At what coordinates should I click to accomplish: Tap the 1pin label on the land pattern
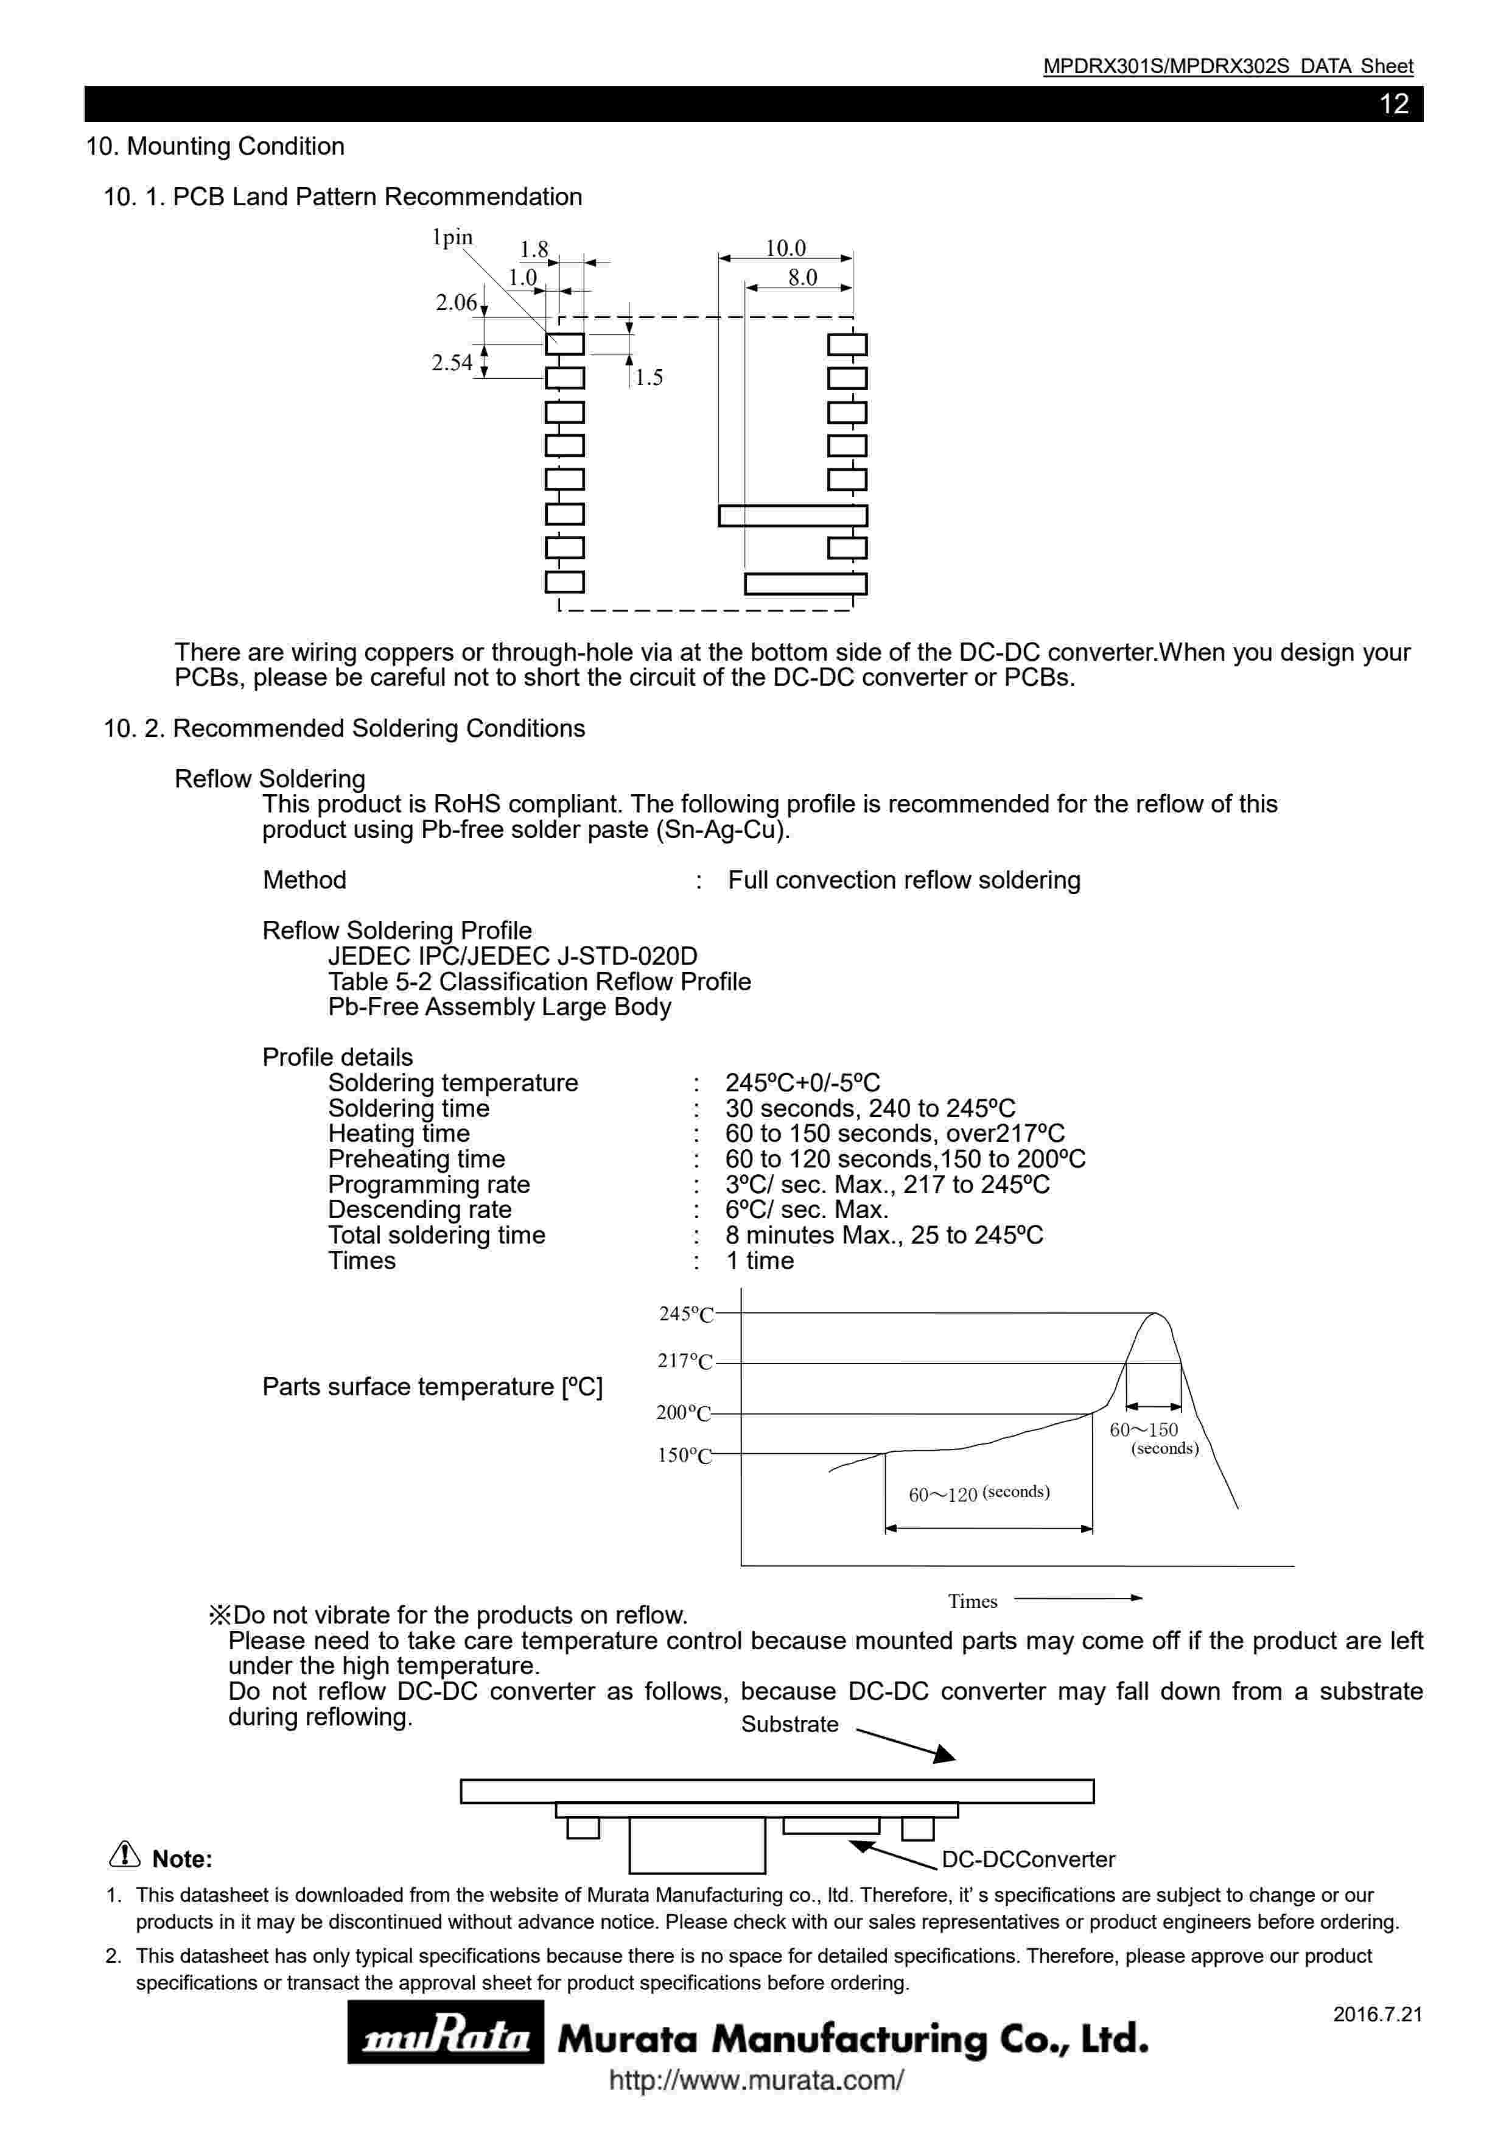pos(452,238)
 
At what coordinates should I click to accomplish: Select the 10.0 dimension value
pos(785,248)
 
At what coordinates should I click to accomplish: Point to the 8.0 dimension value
pos(802,277)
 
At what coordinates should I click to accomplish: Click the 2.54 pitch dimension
pos(452,362)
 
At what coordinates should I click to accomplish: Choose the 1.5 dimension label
pos(648,378)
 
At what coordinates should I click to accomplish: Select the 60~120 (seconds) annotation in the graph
pos(978,1493)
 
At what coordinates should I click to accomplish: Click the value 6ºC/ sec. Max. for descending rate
pos(807,1210)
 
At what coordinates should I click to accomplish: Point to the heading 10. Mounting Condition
pos(215,146)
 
